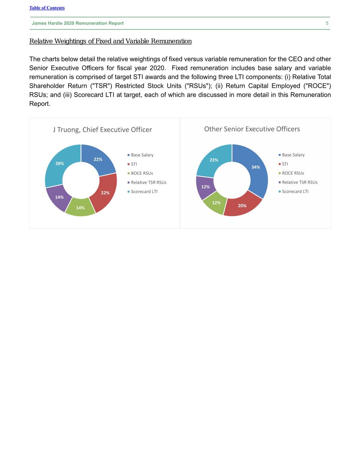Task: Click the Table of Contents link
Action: pos(47,8)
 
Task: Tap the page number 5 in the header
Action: pos(327,23)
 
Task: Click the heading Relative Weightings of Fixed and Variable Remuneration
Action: pos(110,41)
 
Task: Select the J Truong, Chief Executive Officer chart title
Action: pos(102,130)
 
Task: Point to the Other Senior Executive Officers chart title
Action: pos(252,129)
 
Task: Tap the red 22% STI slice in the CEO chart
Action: pos(105,193)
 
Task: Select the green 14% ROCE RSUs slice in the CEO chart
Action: pos(80,208)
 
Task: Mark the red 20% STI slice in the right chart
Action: pos(242,206)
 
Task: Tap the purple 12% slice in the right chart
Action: pos(205,187)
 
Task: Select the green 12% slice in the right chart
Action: pos(216,203)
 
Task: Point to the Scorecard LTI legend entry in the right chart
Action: pos(295,192)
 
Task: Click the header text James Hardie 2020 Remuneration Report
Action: pos(78,23)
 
